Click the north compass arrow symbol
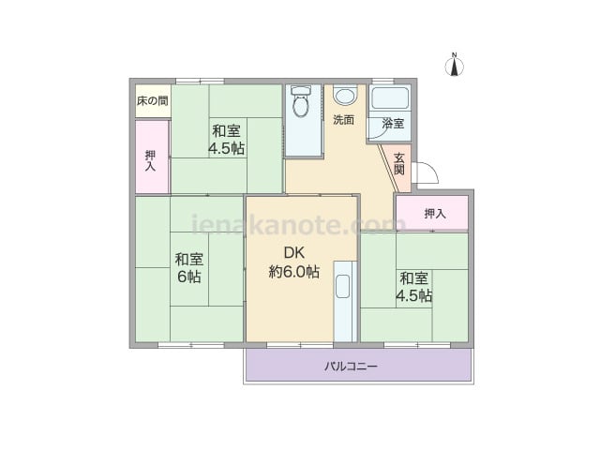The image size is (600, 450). tap(455, 67)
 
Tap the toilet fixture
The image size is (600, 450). tap(301, 100)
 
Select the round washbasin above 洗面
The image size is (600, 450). tap(345, 95)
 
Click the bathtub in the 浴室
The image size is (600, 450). tap(390, 97)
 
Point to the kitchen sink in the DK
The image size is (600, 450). tap(342, 286)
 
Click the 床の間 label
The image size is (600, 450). tap(152, 101)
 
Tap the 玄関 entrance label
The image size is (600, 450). tap(399, 163)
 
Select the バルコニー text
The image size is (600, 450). tap(352, 367)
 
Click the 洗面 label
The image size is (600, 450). tap(343, 120)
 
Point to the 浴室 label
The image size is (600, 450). tap(393, 124)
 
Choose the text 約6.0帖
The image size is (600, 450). tap(293, 271)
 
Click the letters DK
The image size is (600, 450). tap(293, 252)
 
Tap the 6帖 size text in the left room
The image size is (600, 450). tap(189, 277)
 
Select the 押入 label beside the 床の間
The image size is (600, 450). tap(150, 160)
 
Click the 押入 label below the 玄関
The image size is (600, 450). tap(435, 214)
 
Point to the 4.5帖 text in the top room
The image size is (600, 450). tap(227, 148)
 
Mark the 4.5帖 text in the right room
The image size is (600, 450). tap(414, 295)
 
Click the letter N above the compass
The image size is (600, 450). tap(455, 55)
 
